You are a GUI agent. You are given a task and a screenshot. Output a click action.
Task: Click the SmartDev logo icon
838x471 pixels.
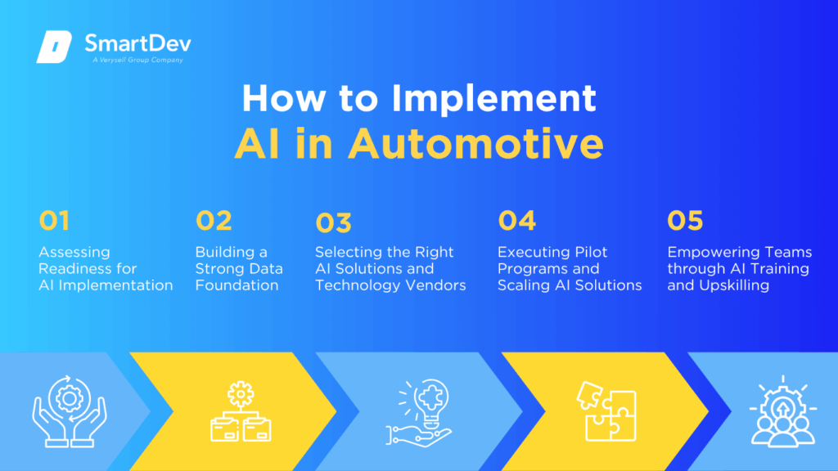54,47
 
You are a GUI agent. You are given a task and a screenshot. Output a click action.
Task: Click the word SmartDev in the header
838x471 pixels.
137,43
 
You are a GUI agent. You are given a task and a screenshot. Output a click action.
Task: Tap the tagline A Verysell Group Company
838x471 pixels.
137,60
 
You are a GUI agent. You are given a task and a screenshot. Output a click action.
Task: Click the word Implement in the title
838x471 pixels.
493,99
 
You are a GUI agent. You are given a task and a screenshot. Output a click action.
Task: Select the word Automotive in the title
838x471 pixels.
475,143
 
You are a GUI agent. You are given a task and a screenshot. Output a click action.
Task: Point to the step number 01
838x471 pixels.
54,221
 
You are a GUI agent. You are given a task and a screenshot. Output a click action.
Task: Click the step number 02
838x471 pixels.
214,221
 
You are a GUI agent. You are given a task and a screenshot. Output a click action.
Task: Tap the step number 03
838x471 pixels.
334,222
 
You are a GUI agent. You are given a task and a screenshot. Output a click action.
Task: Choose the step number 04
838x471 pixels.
517,221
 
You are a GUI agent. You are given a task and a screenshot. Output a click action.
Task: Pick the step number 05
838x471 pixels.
685,221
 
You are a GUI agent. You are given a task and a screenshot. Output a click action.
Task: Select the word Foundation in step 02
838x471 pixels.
237,285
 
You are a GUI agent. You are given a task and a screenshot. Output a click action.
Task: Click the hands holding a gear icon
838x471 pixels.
70,411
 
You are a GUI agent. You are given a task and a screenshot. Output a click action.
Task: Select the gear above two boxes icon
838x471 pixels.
241,411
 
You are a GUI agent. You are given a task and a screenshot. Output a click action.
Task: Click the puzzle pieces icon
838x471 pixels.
606,411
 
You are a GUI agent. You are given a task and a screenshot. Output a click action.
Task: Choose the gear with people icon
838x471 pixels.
783,411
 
